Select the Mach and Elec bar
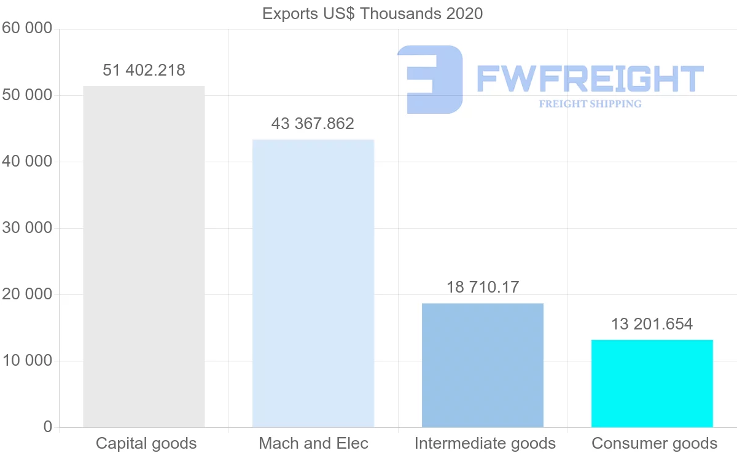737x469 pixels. coord(313,283)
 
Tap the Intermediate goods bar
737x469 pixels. coord(483,365)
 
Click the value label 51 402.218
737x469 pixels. coord(144,70)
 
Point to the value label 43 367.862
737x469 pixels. coord(313,124)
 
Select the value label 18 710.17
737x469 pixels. coord(483,287)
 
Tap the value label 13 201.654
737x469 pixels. coord(652,324)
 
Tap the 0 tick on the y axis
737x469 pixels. coord(48,427)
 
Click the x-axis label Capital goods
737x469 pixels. coord(146,443)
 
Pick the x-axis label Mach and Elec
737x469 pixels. coord(313,443)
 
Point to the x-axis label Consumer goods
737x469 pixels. coord(654,443)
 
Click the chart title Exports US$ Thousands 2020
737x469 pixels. coord(373,13)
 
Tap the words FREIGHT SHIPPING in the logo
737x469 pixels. coord(590,104)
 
